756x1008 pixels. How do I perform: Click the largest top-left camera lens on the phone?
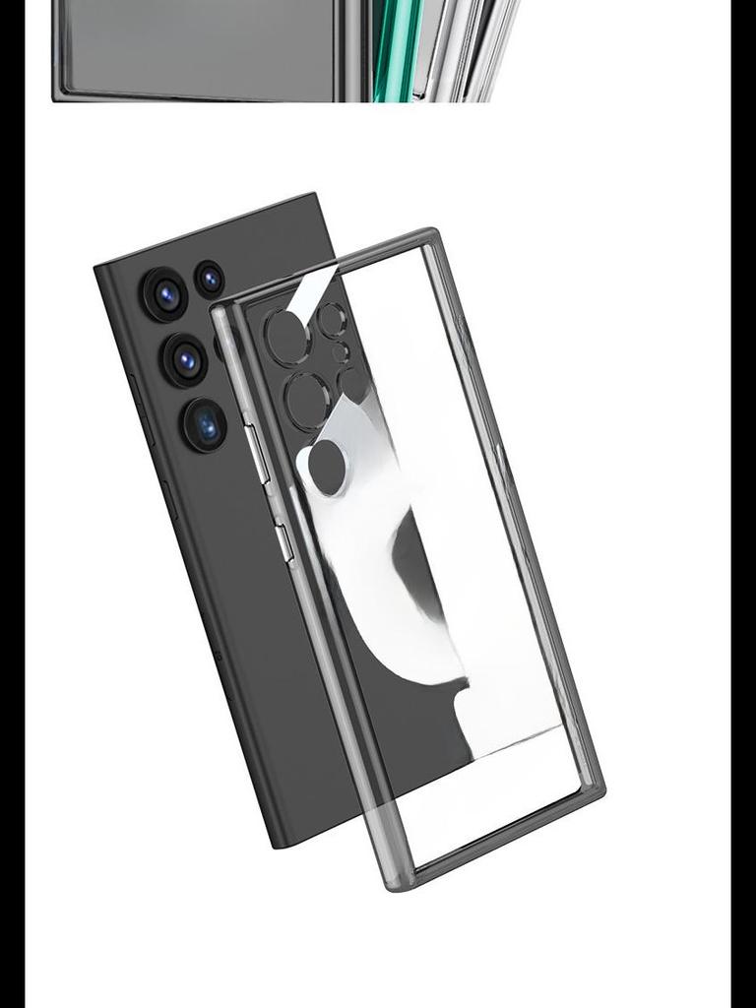coord(165,293)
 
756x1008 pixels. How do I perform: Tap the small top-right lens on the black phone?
coord(209,279)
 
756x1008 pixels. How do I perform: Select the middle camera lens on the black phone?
coord(185,359)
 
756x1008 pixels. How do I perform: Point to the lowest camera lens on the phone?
coord(205,425)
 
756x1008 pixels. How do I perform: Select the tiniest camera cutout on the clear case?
coord(340,351)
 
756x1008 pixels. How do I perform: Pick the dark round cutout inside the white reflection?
coord(327,467)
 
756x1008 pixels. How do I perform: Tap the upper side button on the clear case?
coord(258,453)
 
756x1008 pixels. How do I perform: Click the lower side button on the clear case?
coord(283,542)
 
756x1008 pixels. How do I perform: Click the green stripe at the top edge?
coord(386,49)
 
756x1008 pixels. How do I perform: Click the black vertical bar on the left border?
coord(12,504)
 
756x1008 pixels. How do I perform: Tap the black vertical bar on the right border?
coord(743,504)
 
